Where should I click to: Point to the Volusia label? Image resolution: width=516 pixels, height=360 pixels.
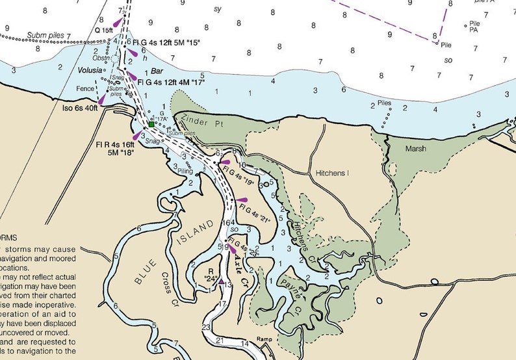pos(90,69)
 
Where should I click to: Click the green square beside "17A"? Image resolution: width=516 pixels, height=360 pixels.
pos(151,123)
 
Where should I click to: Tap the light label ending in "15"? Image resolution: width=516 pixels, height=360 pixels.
pos(167,42)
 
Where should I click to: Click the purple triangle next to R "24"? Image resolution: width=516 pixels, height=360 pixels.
pos(222,281)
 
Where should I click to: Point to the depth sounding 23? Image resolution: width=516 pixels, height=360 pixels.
pos(206,327)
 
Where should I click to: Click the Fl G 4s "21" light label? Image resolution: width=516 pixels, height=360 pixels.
pos(254,214)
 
